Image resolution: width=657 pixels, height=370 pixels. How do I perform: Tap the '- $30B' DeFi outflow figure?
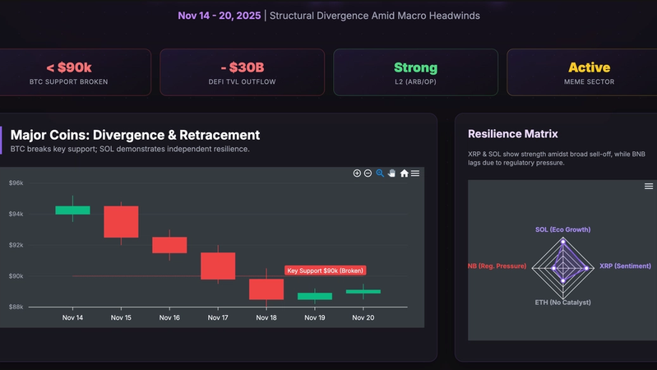(242, 67)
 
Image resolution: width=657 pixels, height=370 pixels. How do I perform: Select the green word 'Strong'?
(415, 67)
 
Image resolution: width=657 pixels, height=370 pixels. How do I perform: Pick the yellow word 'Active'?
(589, 67)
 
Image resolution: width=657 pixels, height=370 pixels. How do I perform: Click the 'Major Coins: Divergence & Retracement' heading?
(135, 135)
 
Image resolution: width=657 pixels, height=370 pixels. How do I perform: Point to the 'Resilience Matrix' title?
(512, 133)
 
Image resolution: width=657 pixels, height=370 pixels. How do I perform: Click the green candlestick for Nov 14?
(72, 210)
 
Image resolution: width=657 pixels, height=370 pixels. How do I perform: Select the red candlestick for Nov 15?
(121, 221)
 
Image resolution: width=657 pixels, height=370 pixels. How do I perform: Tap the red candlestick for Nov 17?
(218, 266)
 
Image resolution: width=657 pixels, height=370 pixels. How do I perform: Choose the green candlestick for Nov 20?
(363, 291)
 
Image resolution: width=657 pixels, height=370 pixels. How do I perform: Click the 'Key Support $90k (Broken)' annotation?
(325, 270)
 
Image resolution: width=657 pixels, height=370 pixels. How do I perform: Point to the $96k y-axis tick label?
(16, 183)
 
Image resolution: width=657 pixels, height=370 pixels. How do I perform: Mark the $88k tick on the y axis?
(16, 307)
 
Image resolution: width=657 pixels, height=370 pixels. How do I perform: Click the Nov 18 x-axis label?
(266, 317)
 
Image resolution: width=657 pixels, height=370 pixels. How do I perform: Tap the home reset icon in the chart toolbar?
(404, 173)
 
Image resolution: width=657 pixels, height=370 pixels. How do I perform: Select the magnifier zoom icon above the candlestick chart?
(380, 173)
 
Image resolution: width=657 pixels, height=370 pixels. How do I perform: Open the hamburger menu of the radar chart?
(649, 187)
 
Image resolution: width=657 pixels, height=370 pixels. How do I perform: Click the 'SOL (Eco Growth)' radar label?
(562, 229)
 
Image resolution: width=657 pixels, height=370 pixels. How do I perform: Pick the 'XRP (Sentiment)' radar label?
(625, 266)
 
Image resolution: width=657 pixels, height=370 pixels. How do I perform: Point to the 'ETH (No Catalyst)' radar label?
(562, 302)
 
